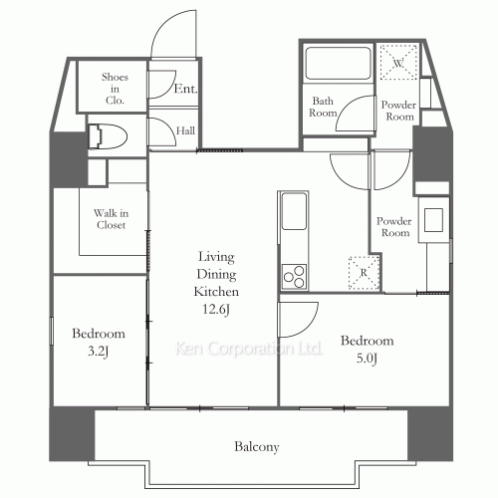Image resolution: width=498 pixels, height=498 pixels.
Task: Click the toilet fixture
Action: (x=108, y=136)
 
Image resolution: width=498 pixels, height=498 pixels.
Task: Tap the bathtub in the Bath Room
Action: (x=338, y=63)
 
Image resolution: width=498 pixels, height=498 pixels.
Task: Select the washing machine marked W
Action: (x=398, y=62)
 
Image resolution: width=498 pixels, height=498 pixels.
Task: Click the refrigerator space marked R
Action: (x=364, y=273)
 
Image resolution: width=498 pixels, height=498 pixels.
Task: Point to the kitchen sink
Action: (x=294, y=211)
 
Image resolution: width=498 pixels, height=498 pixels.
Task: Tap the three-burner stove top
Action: (x=294, y=277)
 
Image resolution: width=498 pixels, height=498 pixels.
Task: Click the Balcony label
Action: (x=257, y=447)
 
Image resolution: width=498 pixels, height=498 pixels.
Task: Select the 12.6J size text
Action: (x=216, y=310)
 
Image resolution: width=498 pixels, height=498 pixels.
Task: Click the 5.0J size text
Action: (x=367, y=359)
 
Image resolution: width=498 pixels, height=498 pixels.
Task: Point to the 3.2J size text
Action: (x=99, y=352)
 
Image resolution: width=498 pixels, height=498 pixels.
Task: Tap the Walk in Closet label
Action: (x=111, y=219)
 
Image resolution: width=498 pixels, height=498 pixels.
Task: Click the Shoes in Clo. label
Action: (x=115, y=89)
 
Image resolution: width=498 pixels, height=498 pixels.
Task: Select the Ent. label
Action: (x=185, y=89)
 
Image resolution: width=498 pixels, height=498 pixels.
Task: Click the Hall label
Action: (x=185, y=130)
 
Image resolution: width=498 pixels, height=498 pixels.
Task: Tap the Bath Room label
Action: (x=323, y=107)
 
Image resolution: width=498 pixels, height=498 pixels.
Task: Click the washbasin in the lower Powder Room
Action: (x=433, y=220)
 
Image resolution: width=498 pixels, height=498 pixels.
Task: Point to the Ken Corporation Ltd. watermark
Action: (x=248, y=349)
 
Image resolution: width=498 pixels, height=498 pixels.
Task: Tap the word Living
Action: (x=216, y=257)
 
